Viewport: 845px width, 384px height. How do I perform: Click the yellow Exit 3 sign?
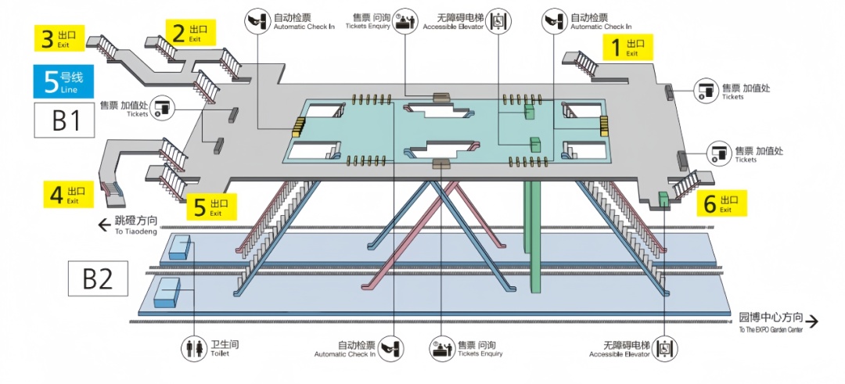(58, 37)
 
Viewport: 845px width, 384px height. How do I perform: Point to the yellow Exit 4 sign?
(67, 194)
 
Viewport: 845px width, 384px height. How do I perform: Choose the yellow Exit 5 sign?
(210, 206)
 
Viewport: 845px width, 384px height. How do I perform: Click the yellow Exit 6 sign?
(721, 203)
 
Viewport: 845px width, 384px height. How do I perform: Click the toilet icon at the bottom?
(192, 347)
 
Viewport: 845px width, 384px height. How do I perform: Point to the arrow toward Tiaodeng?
(103, 226)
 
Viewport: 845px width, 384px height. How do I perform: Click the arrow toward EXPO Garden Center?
(812, 321)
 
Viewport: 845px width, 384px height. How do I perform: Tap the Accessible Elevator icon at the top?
(498, 21)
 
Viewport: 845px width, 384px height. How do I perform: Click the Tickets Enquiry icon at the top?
(403, 21)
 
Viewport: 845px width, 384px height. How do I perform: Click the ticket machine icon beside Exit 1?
(707, 90)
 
